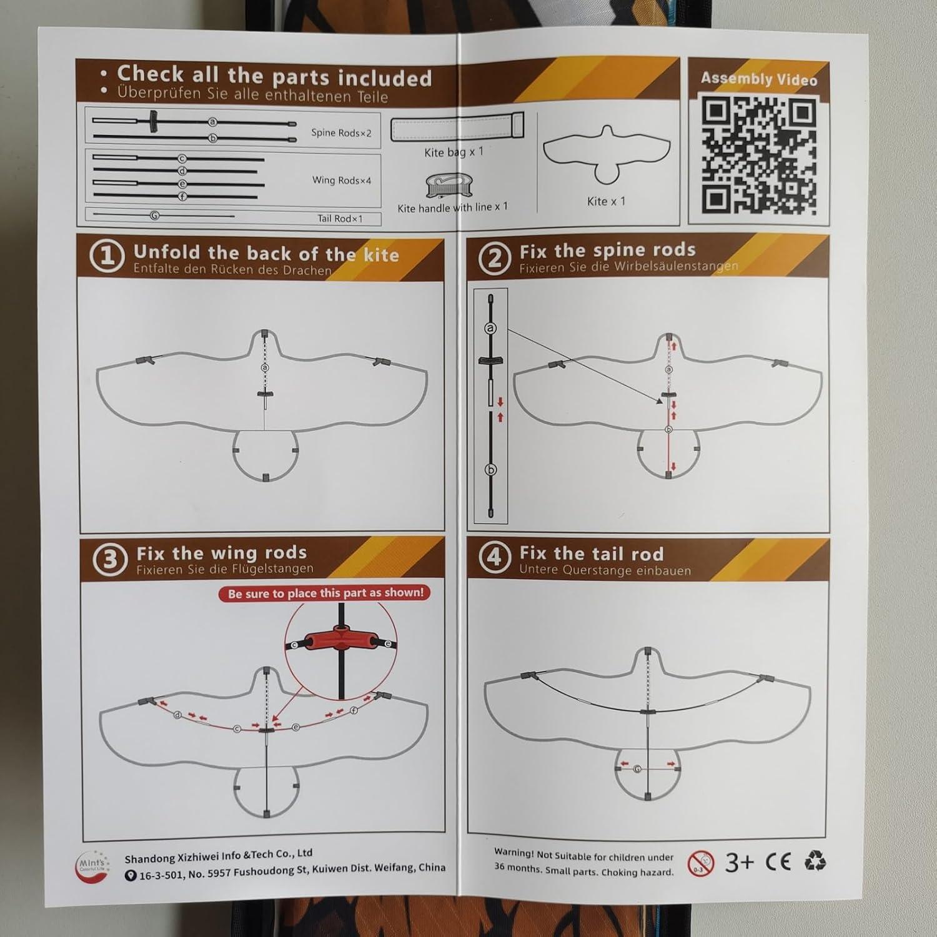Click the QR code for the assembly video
(758, 155)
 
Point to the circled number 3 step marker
(110, 559)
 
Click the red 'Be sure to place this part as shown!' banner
(325, 593)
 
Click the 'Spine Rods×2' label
(341, 132)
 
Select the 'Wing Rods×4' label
(342, 180)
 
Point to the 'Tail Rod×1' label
(340, 218)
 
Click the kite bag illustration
(457, 127)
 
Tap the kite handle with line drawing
(447, 186)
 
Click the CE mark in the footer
(778, 862)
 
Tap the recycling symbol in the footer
(815, 861)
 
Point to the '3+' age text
(740, 862)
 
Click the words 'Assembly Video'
(759, 79)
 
